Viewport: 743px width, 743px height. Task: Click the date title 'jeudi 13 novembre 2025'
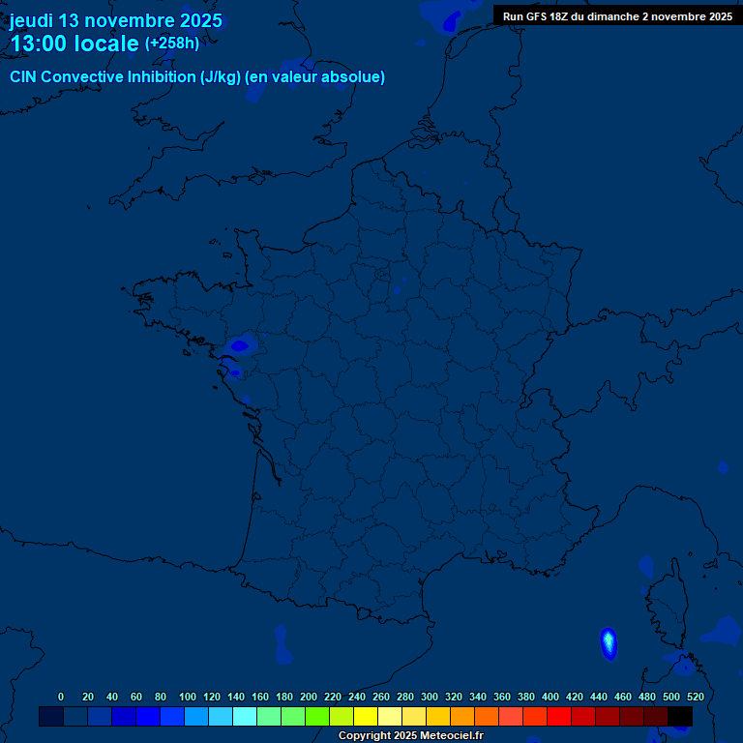click(116, 20)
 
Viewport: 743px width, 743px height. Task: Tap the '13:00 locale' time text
click(74, 44)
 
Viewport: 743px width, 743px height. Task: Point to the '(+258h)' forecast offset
click(172, 44)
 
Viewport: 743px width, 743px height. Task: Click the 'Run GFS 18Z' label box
click(617, 16)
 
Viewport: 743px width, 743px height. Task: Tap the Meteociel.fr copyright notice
click(410, 735)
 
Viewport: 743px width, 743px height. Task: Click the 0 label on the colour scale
click(61, 697)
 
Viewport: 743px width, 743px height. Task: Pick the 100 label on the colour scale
click(188, 697)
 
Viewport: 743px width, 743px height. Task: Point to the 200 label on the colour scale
click(309, 697)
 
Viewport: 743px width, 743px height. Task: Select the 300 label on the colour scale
click(430, 697)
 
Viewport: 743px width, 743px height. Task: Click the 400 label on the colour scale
click(550, 697)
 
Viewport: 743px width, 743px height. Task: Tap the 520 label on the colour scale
click(695, 697)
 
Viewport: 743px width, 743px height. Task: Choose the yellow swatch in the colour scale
click(366, 716)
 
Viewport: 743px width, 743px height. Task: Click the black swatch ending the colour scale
click(680, 716)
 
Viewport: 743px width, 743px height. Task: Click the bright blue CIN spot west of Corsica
click(609, 643)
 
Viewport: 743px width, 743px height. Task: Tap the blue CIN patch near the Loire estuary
click(239, 344)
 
